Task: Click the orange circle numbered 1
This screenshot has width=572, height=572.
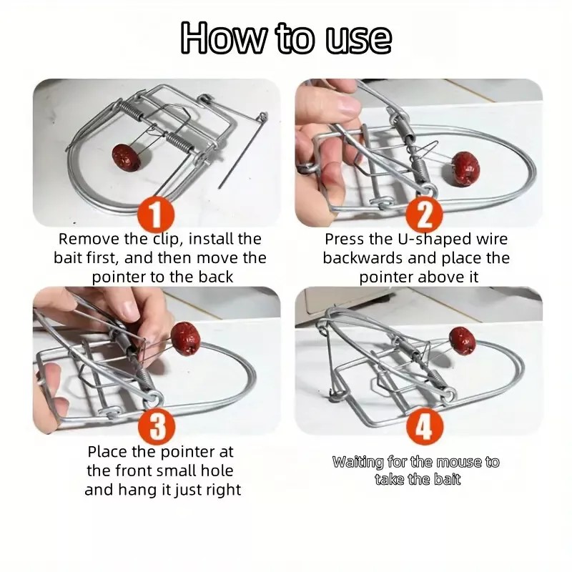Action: (156, 214)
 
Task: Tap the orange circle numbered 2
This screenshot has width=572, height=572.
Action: (424, 215)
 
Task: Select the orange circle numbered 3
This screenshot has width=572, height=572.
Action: (157, 425)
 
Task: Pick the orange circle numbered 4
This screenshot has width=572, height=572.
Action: (424, 425)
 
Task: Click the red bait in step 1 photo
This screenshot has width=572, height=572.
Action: (127, 157)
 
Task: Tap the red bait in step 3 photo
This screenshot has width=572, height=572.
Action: (186, 338)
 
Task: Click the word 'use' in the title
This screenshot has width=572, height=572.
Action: (358, 39)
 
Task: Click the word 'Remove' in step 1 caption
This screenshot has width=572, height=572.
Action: (89, 239)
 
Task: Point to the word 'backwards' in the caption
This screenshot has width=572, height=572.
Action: (363, 258)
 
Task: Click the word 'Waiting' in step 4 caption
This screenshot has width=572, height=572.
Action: (358, 462)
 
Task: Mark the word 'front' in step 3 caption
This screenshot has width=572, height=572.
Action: (134, 470)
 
